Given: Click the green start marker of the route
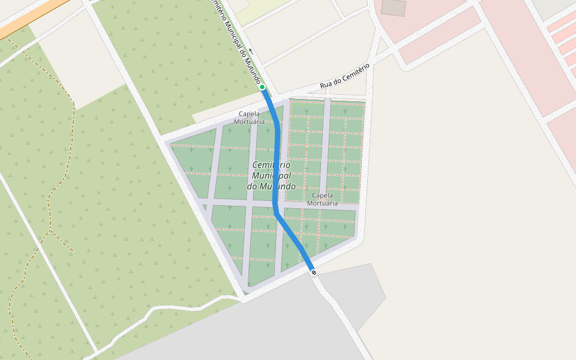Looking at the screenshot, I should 262,87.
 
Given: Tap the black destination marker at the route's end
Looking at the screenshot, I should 313,272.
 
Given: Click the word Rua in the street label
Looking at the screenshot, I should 326,85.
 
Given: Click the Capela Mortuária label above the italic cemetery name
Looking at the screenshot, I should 249,117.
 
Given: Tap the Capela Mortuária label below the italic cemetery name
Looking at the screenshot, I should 322,199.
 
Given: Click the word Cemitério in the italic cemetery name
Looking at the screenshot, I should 271,164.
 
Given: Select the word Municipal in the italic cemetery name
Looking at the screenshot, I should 271,175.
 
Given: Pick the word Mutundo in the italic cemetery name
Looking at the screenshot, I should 277,186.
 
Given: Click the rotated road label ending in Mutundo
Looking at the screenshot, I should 237,42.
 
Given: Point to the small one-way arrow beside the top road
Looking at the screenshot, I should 250,50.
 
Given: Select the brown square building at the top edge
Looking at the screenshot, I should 394,7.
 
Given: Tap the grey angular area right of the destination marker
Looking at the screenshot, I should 360,294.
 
